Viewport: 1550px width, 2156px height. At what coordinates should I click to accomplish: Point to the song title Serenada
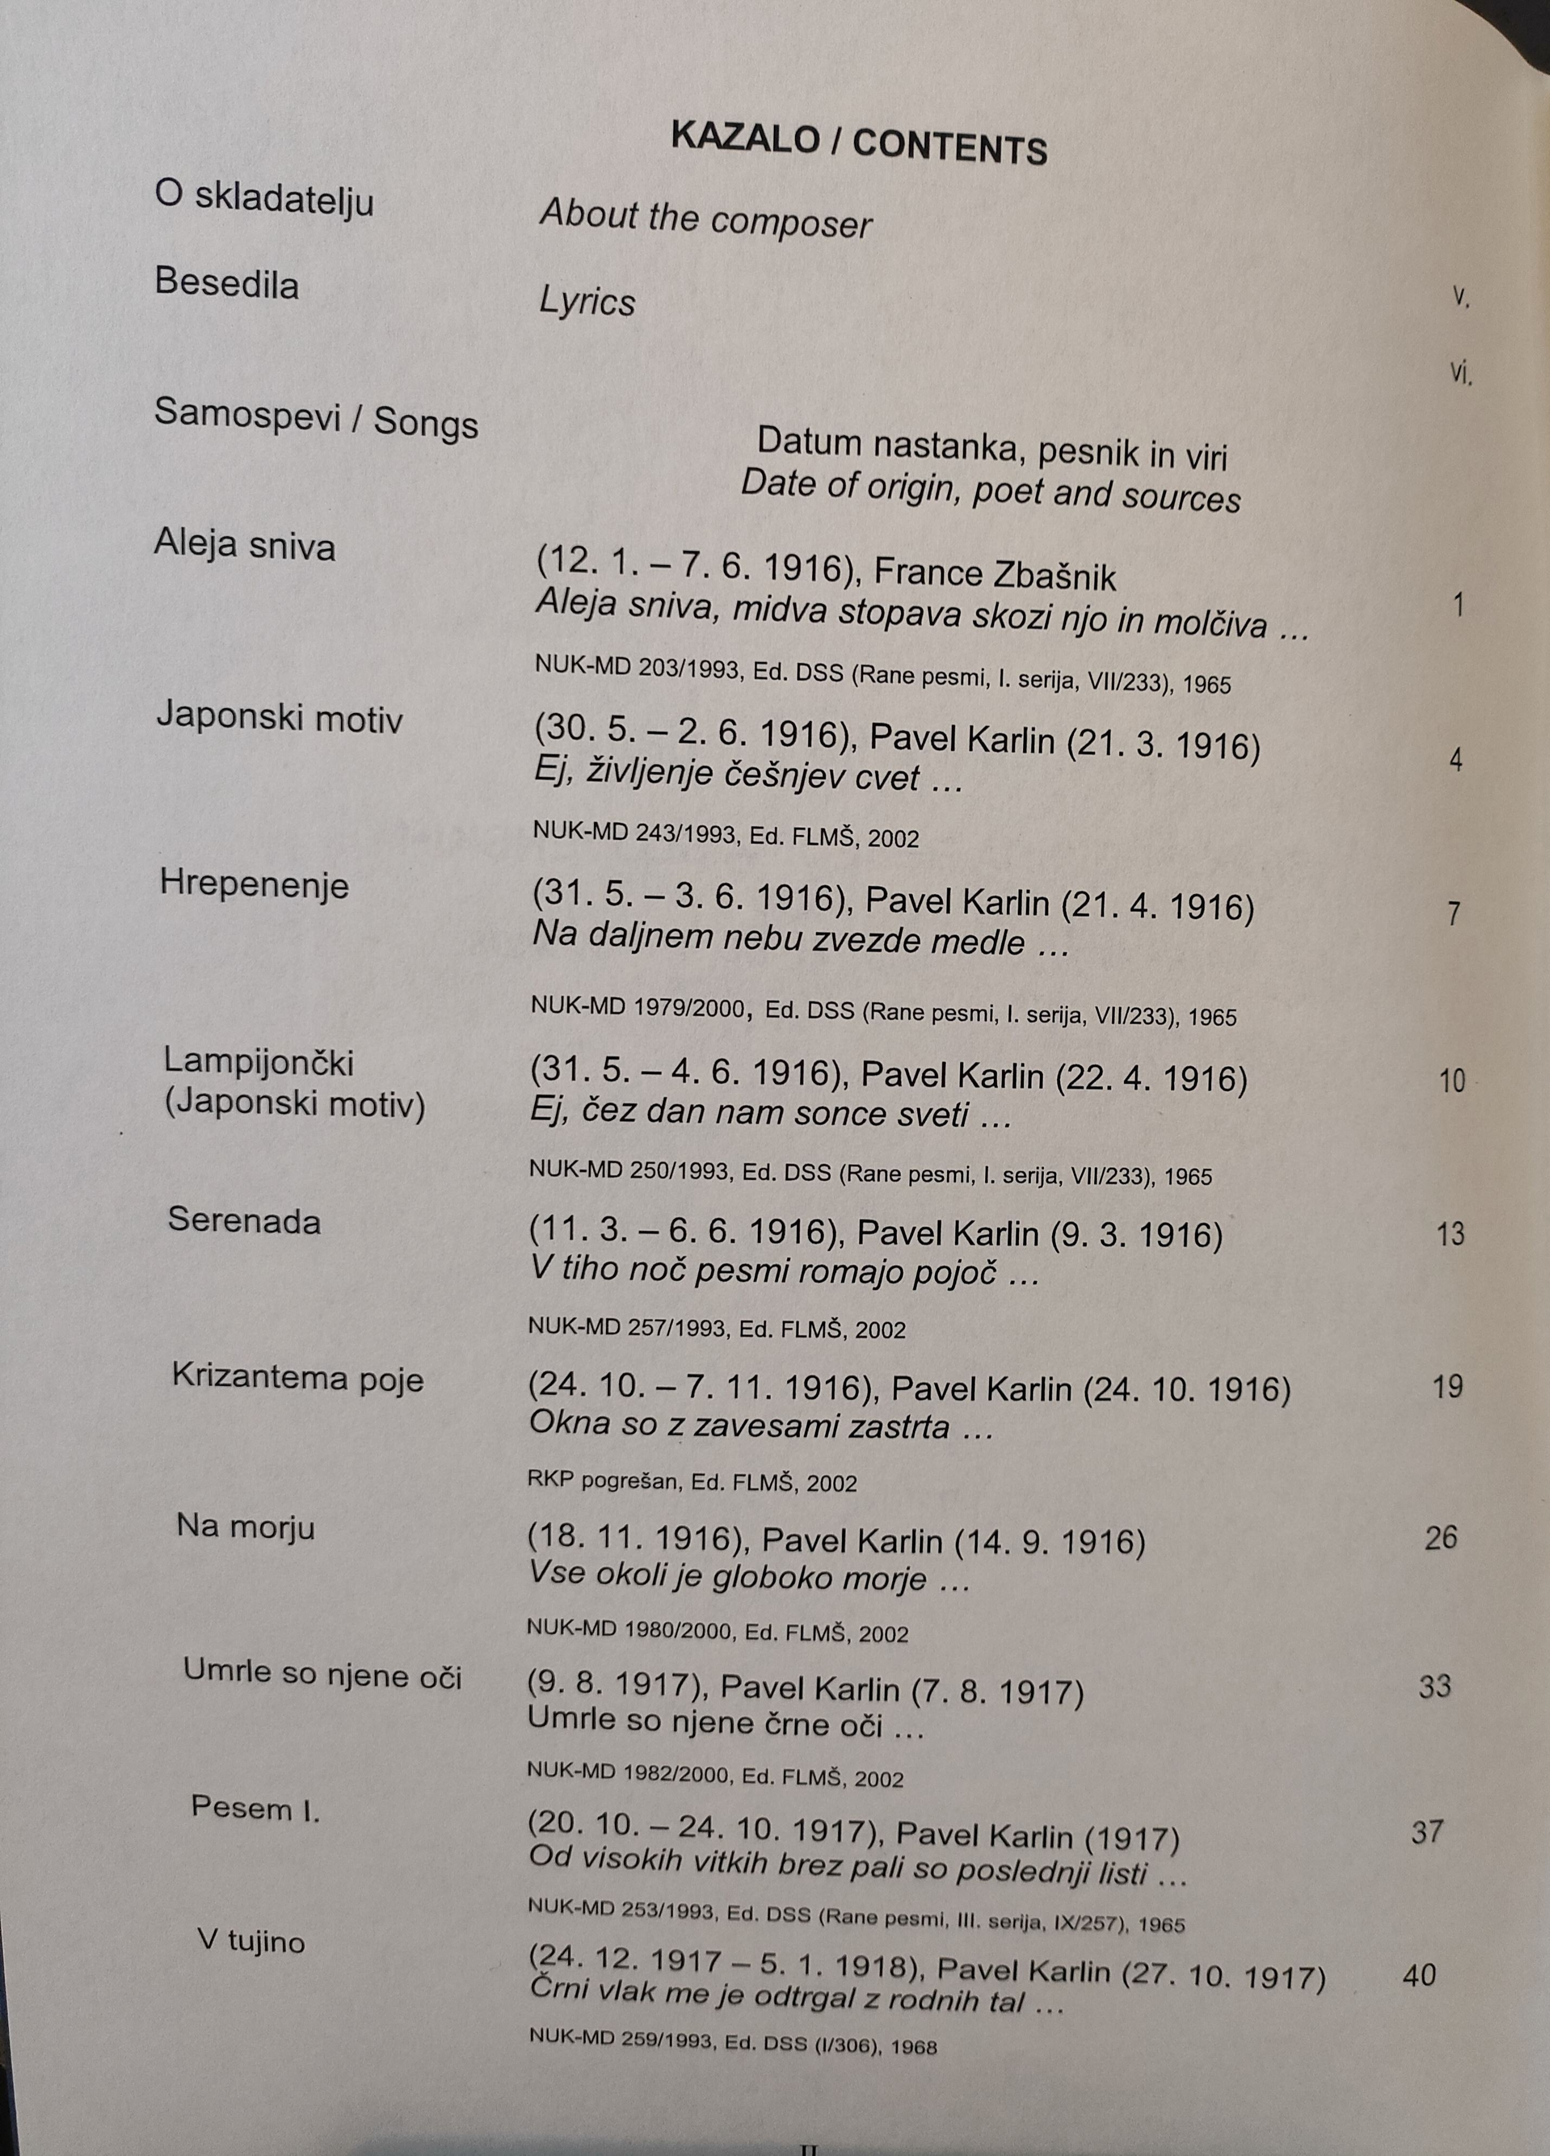(x=244, y=1220)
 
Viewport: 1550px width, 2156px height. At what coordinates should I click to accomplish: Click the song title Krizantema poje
(x=298, y=1378)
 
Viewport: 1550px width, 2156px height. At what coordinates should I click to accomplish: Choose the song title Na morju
(x=245, y=1527)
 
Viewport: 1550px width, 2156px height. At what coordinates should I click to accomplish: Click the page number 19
(x=1447, y=1387)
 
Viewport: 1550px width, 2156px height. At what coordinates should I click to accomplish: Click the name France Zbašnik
(x=994, y=574)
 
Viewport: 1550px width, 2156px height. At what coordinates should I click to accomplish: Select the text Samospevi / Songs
(x=316, y=418)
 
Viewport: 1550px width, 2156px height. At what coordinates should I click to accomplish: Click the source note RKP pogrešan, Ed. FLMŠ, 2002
(x=691, y=1482)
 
